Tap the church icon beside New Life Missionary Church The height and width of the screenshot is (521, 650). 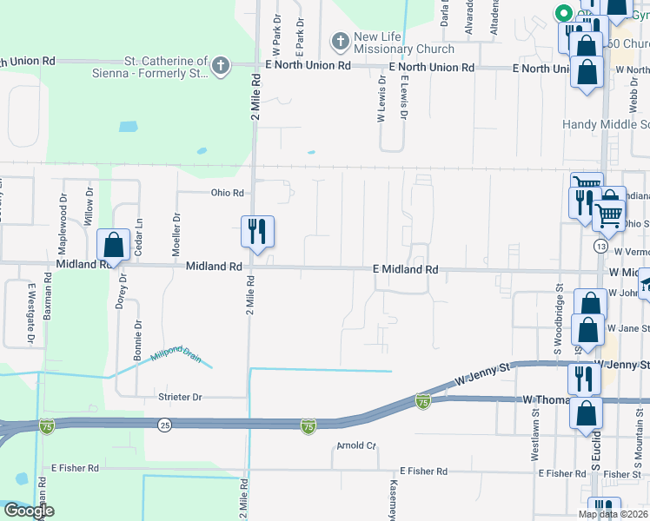[x=339, y=41]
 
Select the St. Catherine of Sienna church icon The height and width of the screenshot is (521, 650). [x=222, y=66]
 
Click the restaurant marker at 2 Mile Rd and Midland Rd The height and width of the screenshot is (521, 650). [x=257, y=231]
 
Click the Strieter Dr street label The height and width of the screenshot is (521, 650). [x=180, y=397]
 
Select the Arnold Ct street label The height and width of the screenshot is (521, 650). [x=357, y=446]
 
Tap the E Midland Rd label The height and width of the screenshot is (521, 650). [x=405, y=270]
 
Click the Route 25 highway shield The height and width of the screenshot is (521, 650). [x=164, y=425]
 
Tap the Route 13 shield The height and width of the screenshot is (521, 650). [x=600, y=247]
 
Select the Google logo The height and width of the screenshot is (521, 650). [x=29, y=511]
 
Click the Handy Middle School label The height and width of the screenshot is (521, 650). [x=605, y=124]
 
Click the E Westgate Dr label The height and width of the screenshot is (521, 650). [x=30, y=312]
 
